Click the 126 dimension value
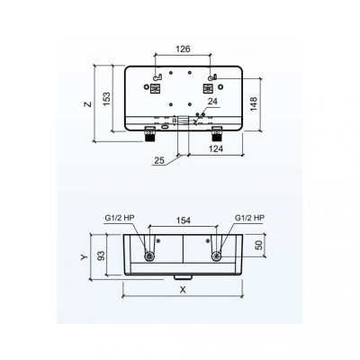pyautogui.click(x=183, y=49)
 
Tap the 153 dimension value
pyautogui.click(x=107, y=98)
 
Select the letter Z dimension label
pyautogui.click(x=87, y=104)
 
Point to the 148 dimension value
pyautogui.click(x=254, y=103)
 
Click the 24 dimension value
pyautogui.click(x=212, y=102)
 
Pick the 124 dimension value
pyautogui.click(x=216, y=148)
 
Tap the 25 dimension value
pyautogui.click(x=159, y=160)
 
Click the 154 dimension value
pyautogui.click(x=183, y=220)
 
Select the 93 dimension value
pyautogui.click(x=102, y=256)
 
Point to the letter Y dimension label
pyautogui.click(x=85, y=257)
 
